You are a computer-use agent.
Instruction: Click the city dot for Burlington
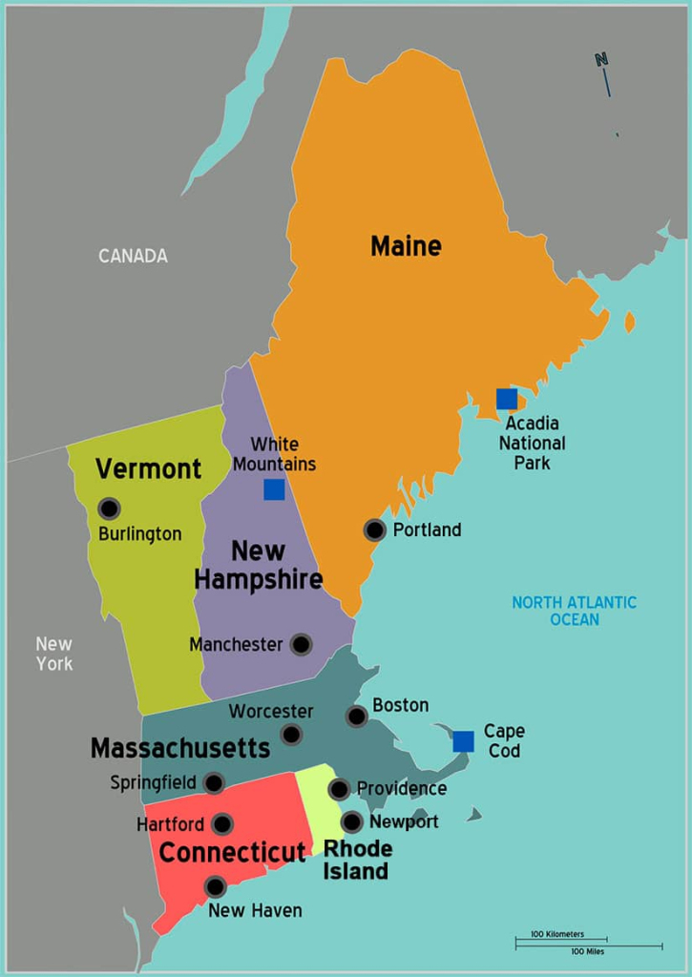click(109, 509)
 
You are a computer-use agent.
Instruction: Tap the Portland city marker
click(375, 530)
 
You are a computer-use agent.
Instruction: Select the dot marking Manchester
click(301, 645)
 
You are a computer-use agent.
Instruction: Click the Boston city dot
click(357, 717)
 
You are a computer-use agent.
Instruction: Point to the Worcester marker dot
click(291, 735)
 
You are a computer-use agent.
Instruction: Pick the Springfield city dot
click(214, 783)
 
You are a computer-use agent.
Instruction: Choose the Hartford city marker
click(221, 824)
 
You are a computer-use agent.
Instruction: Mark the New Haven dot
click(216, 887)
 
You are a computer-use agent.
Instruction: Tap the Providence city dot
click(339, 789)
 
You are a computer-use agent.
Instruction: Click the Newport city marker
click(352, 821)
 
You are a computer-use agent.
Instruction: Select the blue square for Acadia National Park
click(507, 399)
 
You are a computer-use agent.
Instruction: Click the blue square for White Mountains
click(274, 489)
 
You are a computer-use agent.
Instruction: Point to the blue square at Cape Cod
click(464, 741)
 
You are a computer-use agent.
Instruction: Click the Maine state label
click(406, 246)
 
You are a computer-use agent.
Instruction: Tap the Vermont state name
click(148, 468)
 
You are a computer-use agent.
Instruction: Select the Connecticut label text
click(232, 852)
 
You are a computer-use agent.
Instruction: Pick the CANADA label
click(133, 256)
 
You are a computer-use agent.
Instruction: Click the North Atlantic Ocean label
click(574, 611)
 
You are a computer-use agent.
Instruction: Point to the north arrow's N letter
click(601, 59)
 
